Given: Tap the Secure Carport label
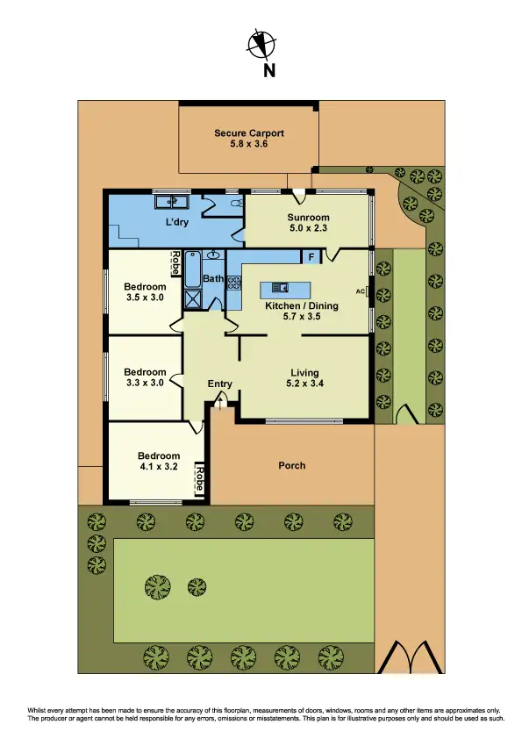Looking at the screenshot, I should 249,139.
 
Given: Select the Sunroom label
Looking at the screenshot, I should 308,223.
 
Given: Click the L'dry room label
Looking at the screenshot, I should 179,223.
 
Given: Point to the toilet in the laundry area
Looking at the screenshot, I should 234,204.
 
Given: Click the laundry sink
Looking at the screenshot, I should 167,202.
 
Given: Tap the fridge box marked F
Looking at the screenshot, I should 311,256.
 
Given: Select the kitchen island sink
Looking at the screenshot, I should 281,287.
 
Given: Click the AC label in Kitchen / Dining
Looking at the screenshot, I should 360,291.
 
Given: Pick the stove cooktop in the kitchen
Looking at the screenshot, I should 234,283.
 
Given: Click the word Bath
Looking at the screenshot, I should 213,279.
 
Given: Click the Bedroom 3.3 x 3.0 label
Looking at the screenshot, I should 145,377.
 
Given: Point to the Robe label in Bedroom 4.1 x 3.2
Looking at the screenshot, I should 199,479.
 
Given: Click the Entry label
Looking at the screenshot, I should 219,384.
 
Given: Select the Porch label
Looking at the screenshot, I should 291,465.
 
